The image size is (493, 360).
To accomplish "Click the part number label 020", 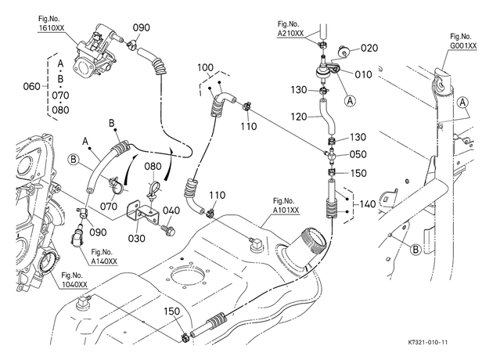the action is (x=369, y=48).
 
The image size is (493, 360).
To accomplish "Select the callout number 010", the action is (x=363, y=74).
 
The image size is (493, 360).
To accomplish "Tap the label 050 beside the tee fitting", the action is (x=358, y=154).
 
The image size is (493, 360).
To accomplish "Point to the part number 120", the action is (x=299, y=117).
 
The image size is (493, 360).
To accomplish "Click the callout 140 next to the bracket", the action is (x=367, y=204).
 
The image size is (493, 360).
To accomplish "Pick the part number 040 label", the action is (x=171, y=211).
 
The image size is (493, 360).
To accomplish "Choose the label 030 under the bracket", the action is (x=136, y=238).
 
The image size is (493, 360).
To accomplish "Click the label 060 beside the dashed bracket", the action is (x=32, y=86).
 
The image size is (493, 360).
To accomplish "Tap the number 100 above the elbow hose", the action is (x=205, y=67).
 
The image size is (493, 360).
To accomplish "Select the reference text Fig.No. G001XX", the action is (x=462, y=41).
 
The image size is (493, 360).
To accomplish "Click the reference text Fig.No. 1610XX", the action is (x=51, y=23).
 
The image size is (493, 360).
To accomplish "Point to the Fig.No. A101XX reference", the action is (x=286, y=205).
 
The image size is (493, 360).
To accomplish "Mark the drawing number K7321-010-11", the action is (x=427, y=343).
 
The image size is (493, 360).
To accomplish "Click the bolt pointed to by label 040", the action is (x=168, y=229).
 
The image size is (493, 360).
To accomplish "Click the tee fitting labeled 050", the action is (x=329, y=155).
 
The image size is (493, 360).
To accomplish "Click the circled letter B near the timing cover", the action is (x=74, y=160).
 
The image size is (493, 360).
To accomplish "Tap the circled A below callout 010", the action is (x=351, y=101).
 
